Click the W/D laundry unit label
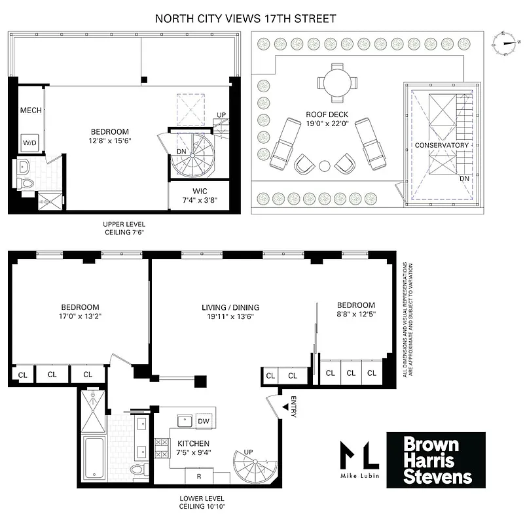tap(29, 142)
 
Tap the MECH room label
tap(31, 110)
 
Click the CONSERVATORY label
tap(442, 145)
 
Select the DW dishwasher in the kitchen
tap(204, 422)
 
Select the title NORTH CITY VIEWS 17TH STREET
tap(245, 18)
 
